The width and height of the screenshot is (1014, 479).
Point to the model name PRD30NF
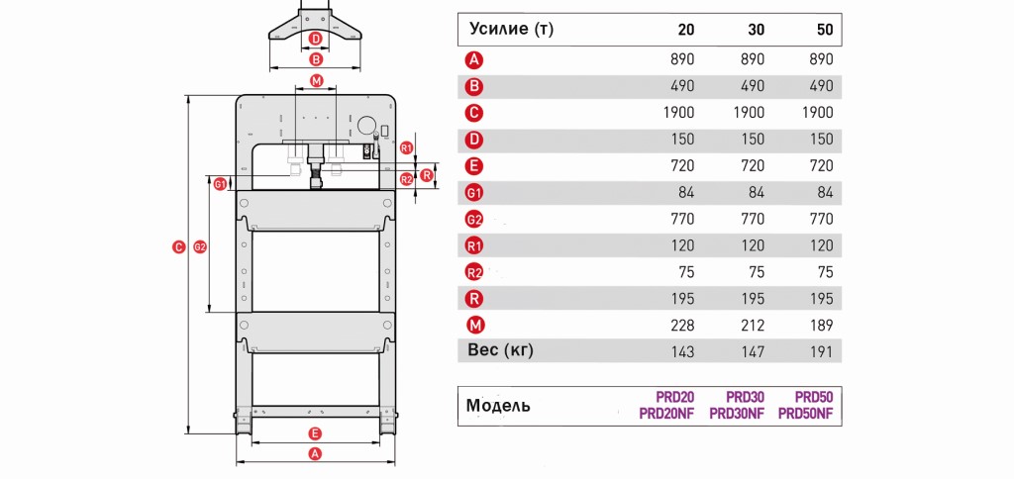pos(737,414)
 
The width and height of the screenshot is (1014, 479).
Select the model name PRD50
pos(814,397)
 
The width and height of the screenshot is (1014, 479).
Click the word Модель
pos(498,406)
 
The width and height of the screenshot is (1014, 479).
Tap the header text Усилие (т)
pos(512,29)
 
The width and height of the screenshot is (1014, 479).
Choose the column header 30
pos(756,30)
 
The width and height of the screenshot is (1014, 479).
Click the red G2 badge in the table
pos(474,220)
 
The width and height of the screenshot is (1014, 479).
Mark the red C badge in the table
pos(474,113)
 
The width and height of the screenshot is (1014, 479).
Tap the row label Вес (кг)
pos(500,350)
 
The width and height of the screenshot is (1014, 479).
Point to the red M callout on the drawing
pos(316,81)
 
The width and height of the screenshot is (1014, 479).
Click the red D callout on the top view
pos(316,39)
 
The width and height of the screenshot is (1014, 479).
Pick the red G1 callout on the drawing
pos(221,184)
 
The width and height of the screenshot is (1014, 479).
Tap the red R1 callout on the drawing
pos(406,147)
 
